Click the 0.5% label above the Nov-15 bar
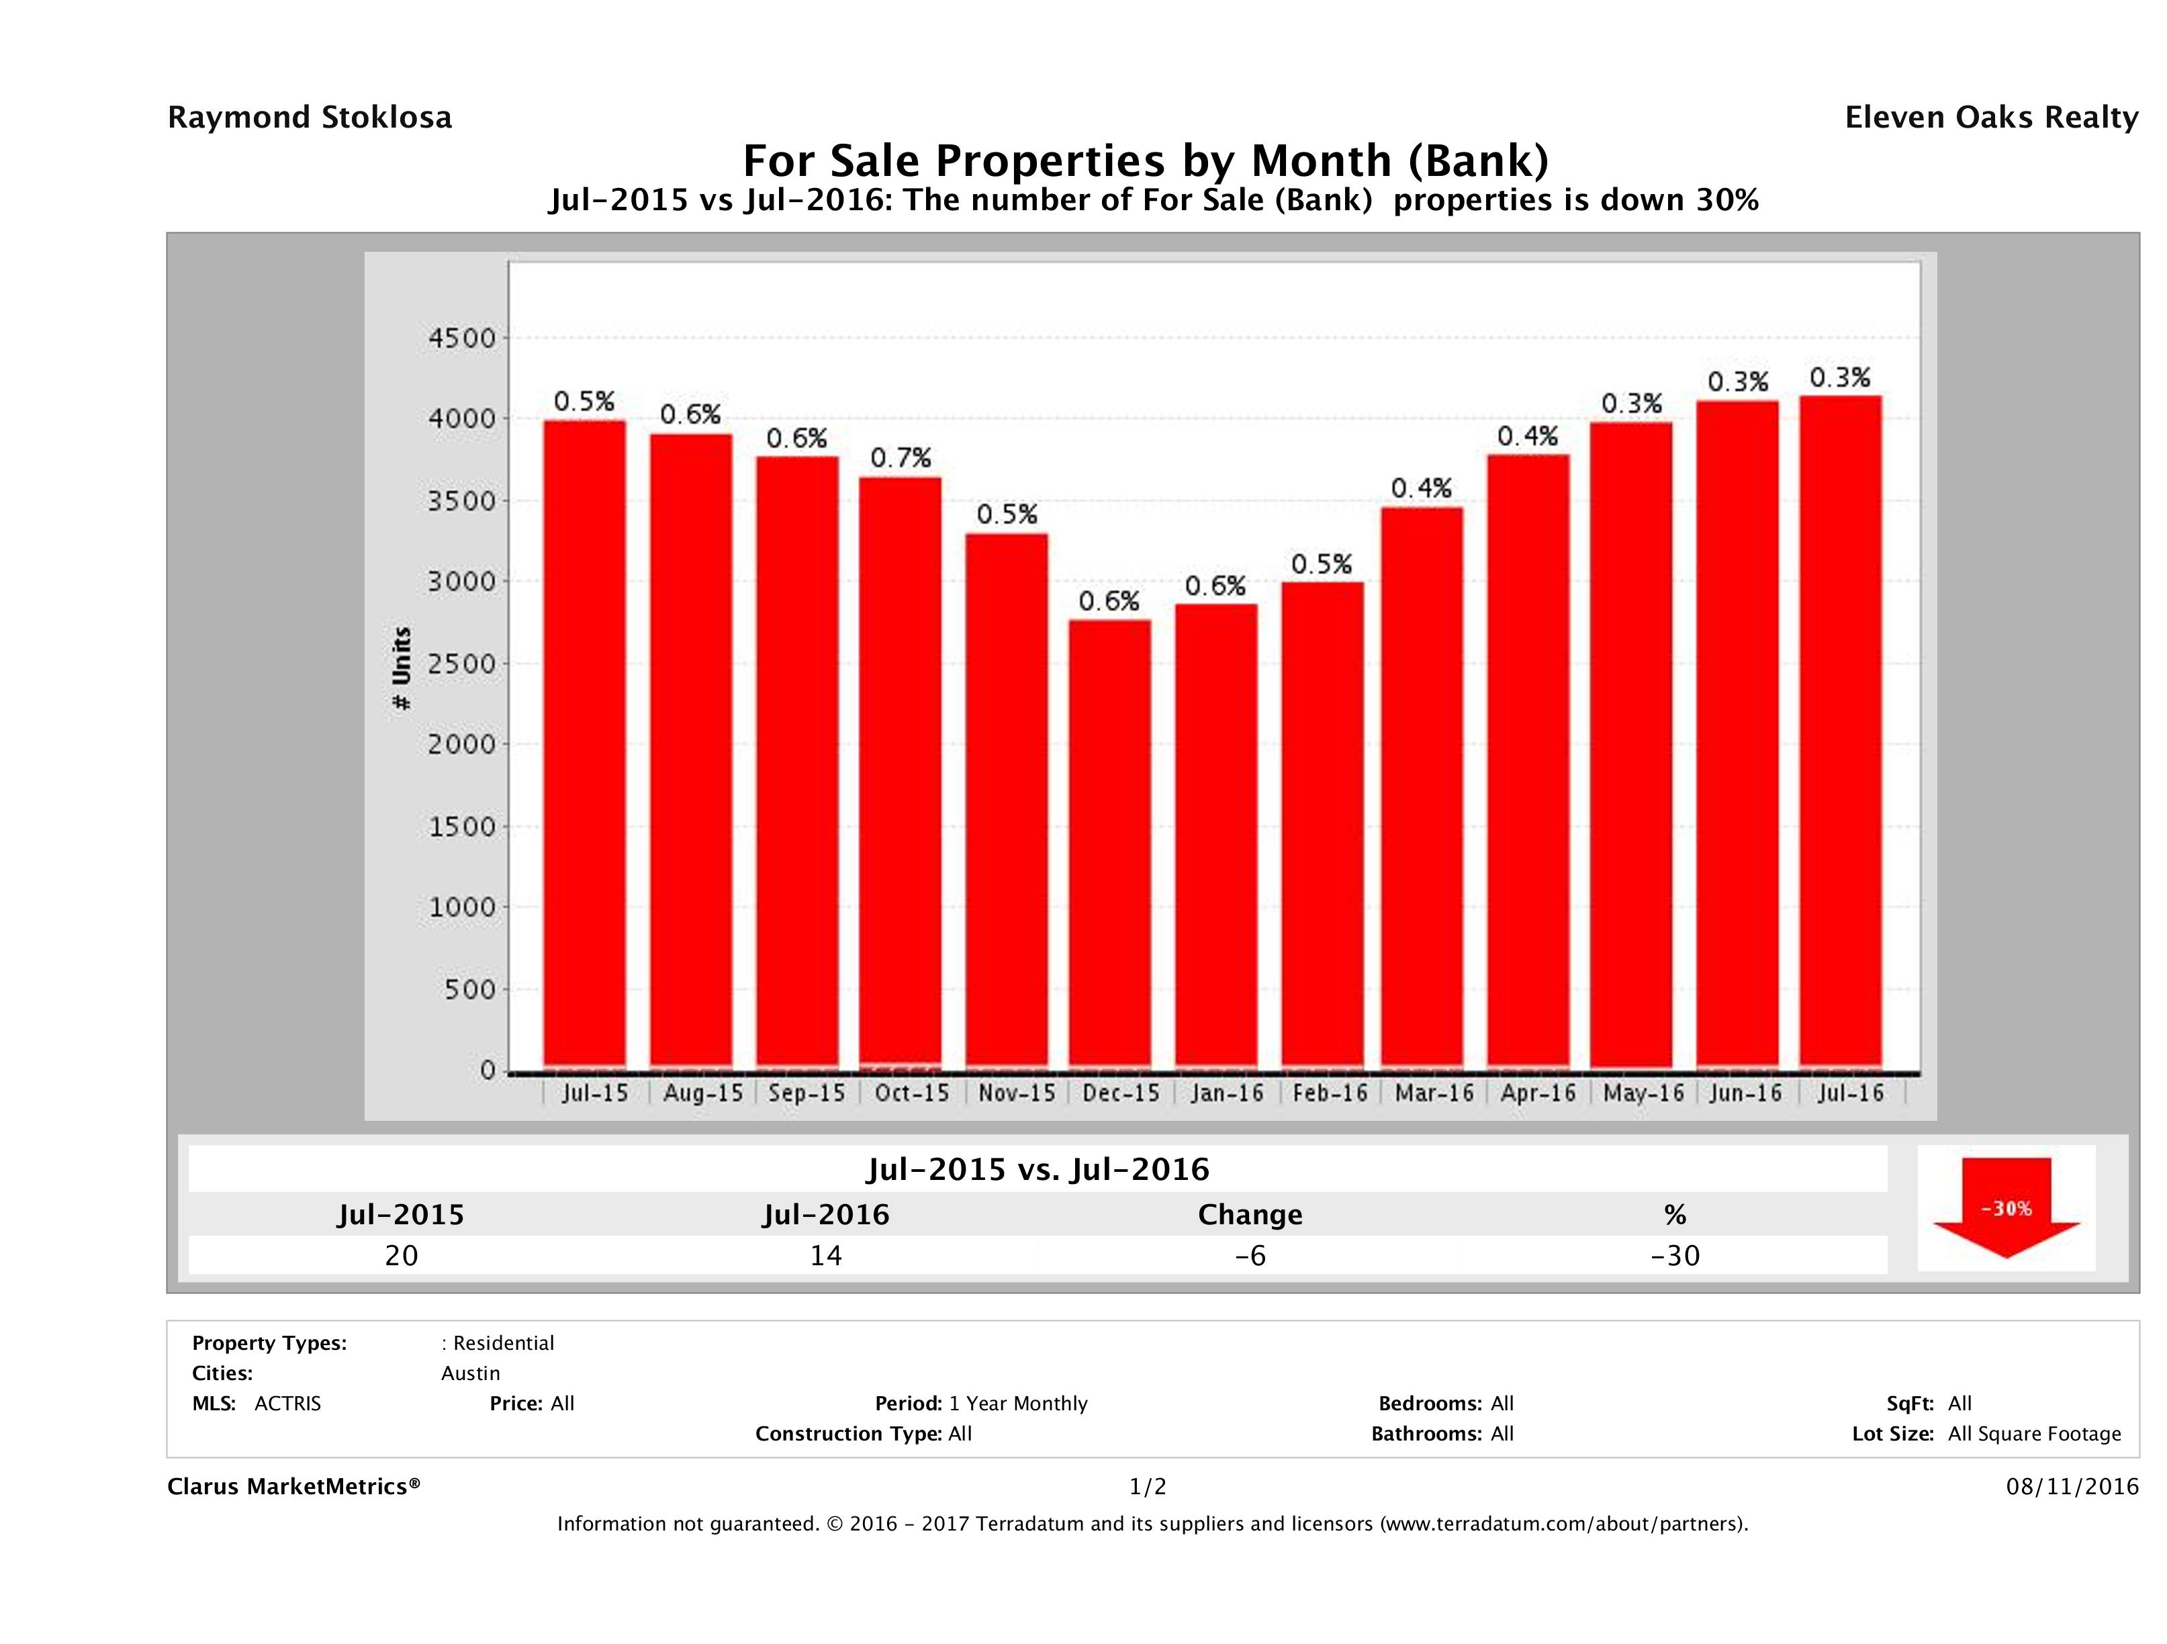1006,514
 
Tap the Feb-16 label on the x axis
1330,1093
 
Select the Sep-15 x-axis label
806,1093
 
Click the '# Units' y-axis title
402,668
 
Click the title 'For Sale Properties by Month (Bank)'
1145,160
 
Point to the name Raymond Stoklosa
310,118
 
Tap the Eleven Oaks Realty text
1990,118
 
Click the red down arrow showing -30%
2005,1208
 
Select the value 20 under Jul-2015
402,1255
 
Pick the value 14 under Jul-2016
826,1255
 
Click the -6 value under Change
1250,1255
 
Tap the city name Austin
470,1373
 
